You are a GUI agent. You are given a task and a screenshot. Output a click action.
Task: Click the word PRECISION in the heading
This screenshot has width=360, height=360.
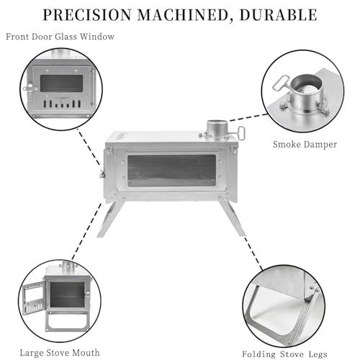[87, 15]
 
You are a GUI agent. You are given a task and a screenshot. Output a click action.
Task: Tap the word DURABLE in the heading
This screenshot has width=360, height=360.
[279, 15]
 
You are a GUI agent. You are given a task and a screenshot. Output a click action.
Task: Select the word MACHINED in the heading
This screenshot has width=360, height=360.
[183, 15]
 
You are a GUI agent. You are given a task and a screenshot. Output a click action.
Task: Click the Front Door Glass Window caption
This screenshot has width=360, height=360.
[60, 37]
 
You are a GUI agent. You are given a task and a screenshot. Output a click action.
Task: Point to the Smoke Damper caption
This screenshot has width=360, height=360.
[305, 145]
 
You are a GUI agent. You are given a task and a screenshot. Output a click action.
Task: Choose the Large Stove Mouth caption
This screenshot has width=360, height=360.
[60, 353]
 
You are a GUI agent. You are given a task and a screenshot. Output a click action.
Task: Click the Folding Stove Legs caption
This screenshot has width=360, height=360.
[284, 354]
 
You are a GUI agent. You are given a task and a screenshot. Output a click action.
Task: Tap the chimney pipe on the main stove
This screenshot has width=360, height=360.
[217, 130]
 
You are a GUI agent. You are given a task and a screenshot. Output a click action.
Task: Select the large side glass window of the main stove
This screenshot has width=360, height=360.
[171, 171]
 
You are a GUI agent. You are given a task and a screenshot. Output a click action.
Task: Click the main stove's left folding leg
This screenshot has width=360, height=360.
[109, 218]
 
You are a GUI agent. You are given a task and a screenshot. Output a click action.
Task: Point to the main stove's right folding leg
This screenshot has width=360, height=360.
[232, 217]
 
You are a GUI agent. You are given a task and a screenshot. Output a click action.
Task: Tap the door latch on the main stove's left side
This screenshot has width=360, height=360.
[102, 174]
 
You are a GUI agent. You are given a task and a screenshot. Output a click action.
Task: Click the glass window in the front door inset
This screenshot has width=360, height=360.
[62, 84]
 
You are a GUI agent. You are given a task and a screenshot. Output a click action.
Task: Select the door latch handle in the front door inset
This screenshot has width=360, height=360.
[30, 89]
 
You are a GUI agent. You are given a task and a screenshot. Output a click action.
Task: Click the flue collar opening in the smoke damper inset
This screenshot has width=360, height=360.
[306, 86]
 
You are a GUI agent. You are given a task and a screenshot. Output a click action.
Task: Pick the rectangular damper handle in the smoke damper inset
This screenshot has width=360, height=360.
[282, 83]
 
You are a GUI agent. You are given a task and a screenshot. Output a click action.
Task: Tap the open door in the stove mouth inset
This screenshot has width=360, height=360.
[34, 299]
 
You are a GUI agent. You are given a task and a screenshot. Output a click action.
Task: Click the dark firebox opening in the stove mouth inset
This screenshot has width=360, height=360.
[67, 294]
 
